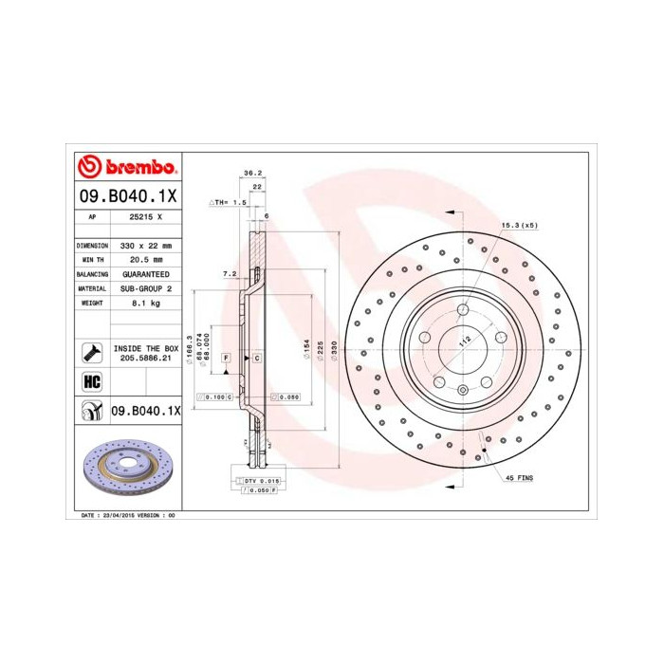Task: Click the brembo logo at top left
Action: pyautogui.click(x=126, y=168)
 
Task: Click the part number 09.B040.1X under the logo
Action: pyautogui.click(x=126, y=198)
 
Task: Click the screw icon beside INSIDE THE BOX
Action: pyautogui.click(x=92, y=353)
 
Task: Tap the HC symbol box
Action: pyautogui.click(x=92, y=381)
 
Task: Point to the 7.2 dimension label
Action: pyautogui.click(x=229, y=273)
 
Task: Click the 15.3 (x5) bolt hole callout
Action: pyautogui.click(x=519, y=225)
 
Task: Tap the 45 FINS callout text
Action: pyautogui.click(x=518, y=478)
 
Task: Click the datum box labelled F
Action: pyautogui.click(x=227, y=358)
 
